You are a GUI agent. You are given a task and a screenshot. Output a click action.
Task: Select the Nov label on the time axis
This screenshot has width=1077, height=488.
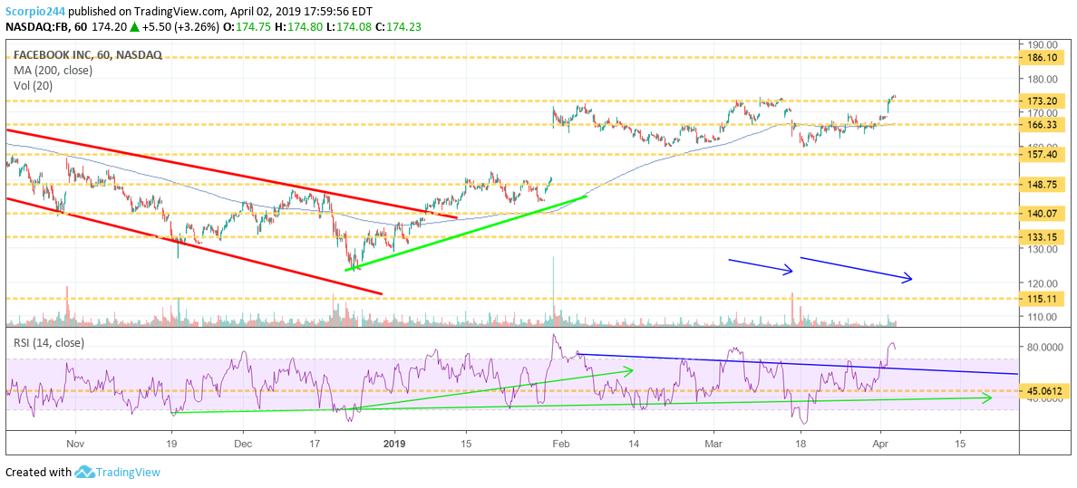click(x=75, y=445)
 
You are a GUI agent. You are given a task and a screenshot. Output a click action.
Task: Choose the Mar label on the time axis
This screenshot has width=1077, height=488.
click(x=714, y=445)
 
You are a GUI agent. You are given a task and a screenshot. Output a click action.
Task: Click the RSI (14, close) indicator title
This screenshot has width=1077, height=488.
click(x=48, y=342)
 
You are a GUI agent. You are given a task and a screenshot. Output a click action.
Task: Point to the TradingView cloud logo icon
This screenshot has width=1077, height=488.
click(x=85, y=472)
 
